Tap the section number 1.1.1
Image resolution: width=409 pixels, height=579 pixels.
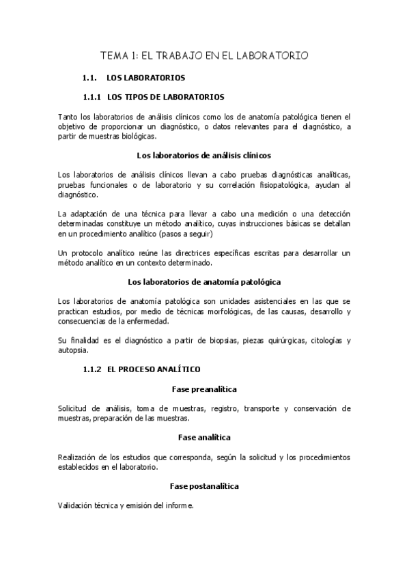point(91,96)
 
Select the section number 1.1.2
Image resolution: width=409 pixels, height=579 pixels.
point(91,369)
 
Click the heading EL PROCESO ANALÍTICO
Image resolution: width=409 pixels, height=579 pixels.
point(154,369)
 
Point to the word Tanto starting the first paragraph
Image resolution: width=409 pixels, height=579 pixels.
point(69,116)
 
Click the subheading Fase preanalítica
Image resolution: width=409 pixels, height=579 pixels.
point(204,389)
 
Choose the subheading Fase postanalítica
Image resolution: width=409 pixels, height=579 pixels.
point(204,485)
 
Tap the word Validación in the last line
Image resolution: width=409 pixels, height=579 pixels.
point(79,505)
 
